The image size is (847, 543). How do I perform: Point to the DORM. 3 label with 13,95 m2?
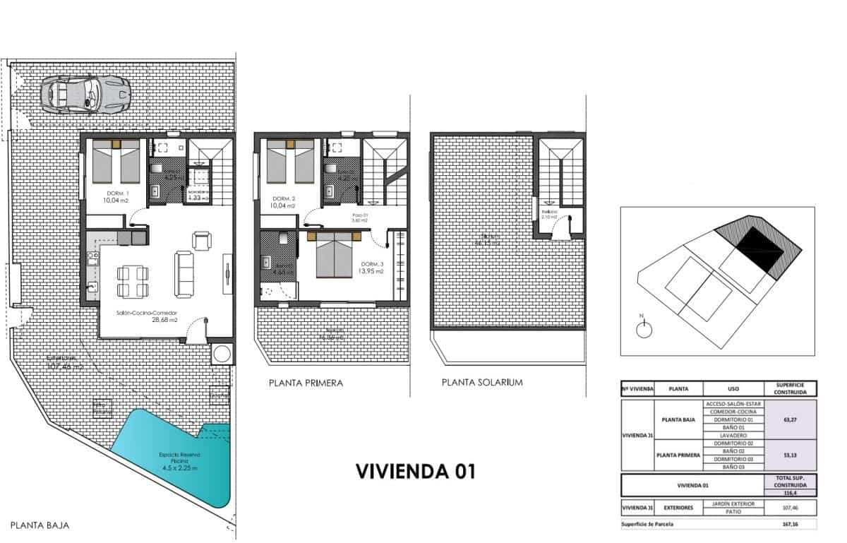point(372,268)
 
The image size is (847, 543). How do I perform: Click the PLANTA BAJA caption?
point(40,525)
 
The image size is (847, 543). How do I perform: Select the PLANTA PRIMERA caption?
point(306,383)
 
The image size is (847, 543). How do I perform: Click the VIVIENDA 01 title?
point(415,470)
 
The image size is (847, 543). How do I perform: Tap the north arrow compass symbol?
point(643,328)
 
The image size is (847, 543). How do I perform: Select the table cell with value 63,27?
point(791,419)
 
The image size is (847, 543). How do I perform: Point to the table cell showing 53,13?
point(791,455)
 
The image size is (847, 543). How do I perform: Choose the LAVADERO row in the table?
point(735,436)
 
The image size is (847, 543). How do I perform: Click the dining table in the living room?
point(133,280)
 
